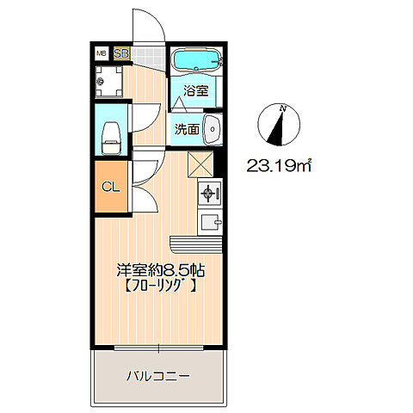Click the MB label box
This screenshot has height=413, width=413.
(101, 53)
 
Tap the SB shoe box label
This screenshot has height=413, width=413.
(121, 53)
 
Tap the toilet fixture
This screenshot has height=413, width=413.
(110, 134)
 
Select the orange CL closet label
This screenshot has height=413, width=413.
(111, 187)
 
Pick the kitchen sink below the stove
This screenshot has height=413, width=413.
(209, 223)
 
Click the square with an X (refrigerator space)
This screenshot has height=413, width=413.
(200, 163)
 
